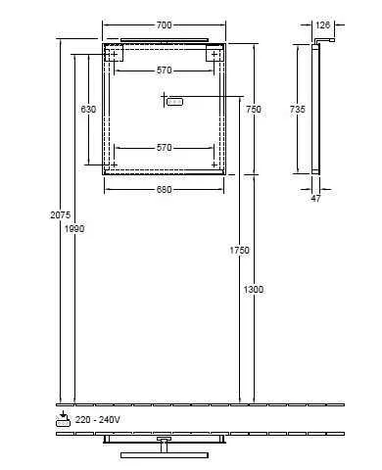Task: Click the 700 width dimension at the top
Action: (x=164, y=25)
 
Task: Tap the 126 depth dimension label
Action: (x=323, y=24)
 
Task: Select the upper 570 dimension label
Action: (x=164, y=70)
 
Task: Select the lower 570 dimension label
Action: (x=164, y=148)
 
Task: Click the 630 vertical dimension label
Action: (x=88, y=109)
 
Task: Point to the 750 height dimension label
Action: (x=254, y=109)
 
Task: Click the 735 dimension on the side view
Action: (x=298, y=109)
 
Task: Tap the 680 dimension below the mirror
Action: (x=164, y=189)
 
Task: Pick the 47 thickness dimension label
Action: (x=315, y=198)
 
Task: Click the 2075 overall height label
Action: (x=61, y=214)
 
